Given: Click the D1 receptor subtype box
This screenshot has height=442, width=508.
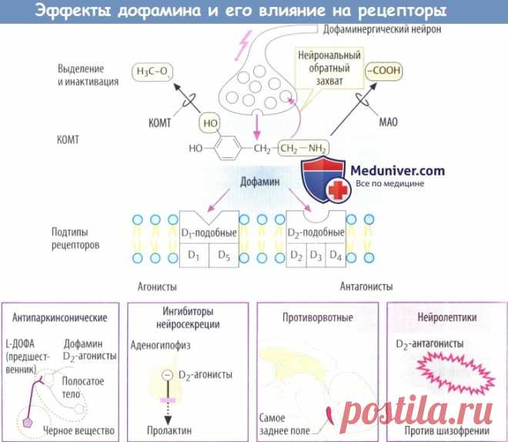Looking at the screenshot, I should (194, 255).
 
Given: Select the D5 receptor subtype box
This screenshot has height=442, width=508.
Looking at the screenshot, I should (224, 255).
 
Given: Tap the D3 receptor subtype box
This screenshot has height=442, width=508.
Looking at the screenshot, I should (315, 255).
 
